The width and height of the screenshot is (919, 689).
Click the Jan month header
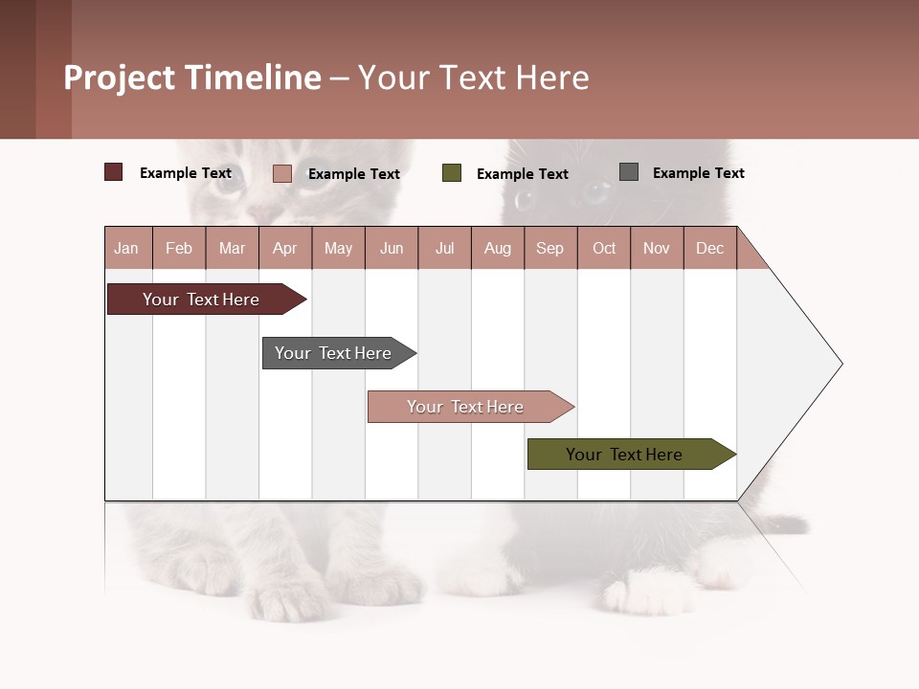[x=126, y=249]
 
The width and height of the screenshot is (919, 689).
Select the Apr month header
[x=285, y=249]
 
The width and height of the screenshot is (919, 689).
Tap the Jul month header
[x=444, y=249]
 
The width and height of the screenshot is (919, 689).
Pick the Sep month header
[x=549, y=249]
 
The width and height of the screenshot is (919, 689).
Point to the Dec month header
[x=709, y=249]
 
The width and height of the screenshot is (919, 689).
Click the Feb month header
[x=179, y=249]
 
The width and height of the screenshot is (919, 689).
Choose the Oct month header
[x=604, y=249]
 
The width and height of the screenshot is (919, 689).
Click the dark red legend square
[x=114, y=172]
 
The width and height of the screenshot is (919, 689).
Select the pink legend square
[x=281, y=173]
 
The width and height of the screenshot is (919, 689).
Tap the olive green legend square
[x=452, y=173]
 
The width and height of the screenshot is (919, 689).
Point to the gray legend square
[x=629, y=172]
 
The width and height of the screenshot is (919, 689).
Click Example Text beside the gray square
[x=698, y=173]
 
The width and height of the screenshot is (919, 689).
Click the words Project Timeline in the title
[x=191, y=78]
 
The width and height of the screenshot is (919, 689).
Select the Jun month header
[x=392, y=249]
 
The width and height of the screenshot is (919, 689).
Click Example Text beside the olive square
[x=522, y=174]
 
